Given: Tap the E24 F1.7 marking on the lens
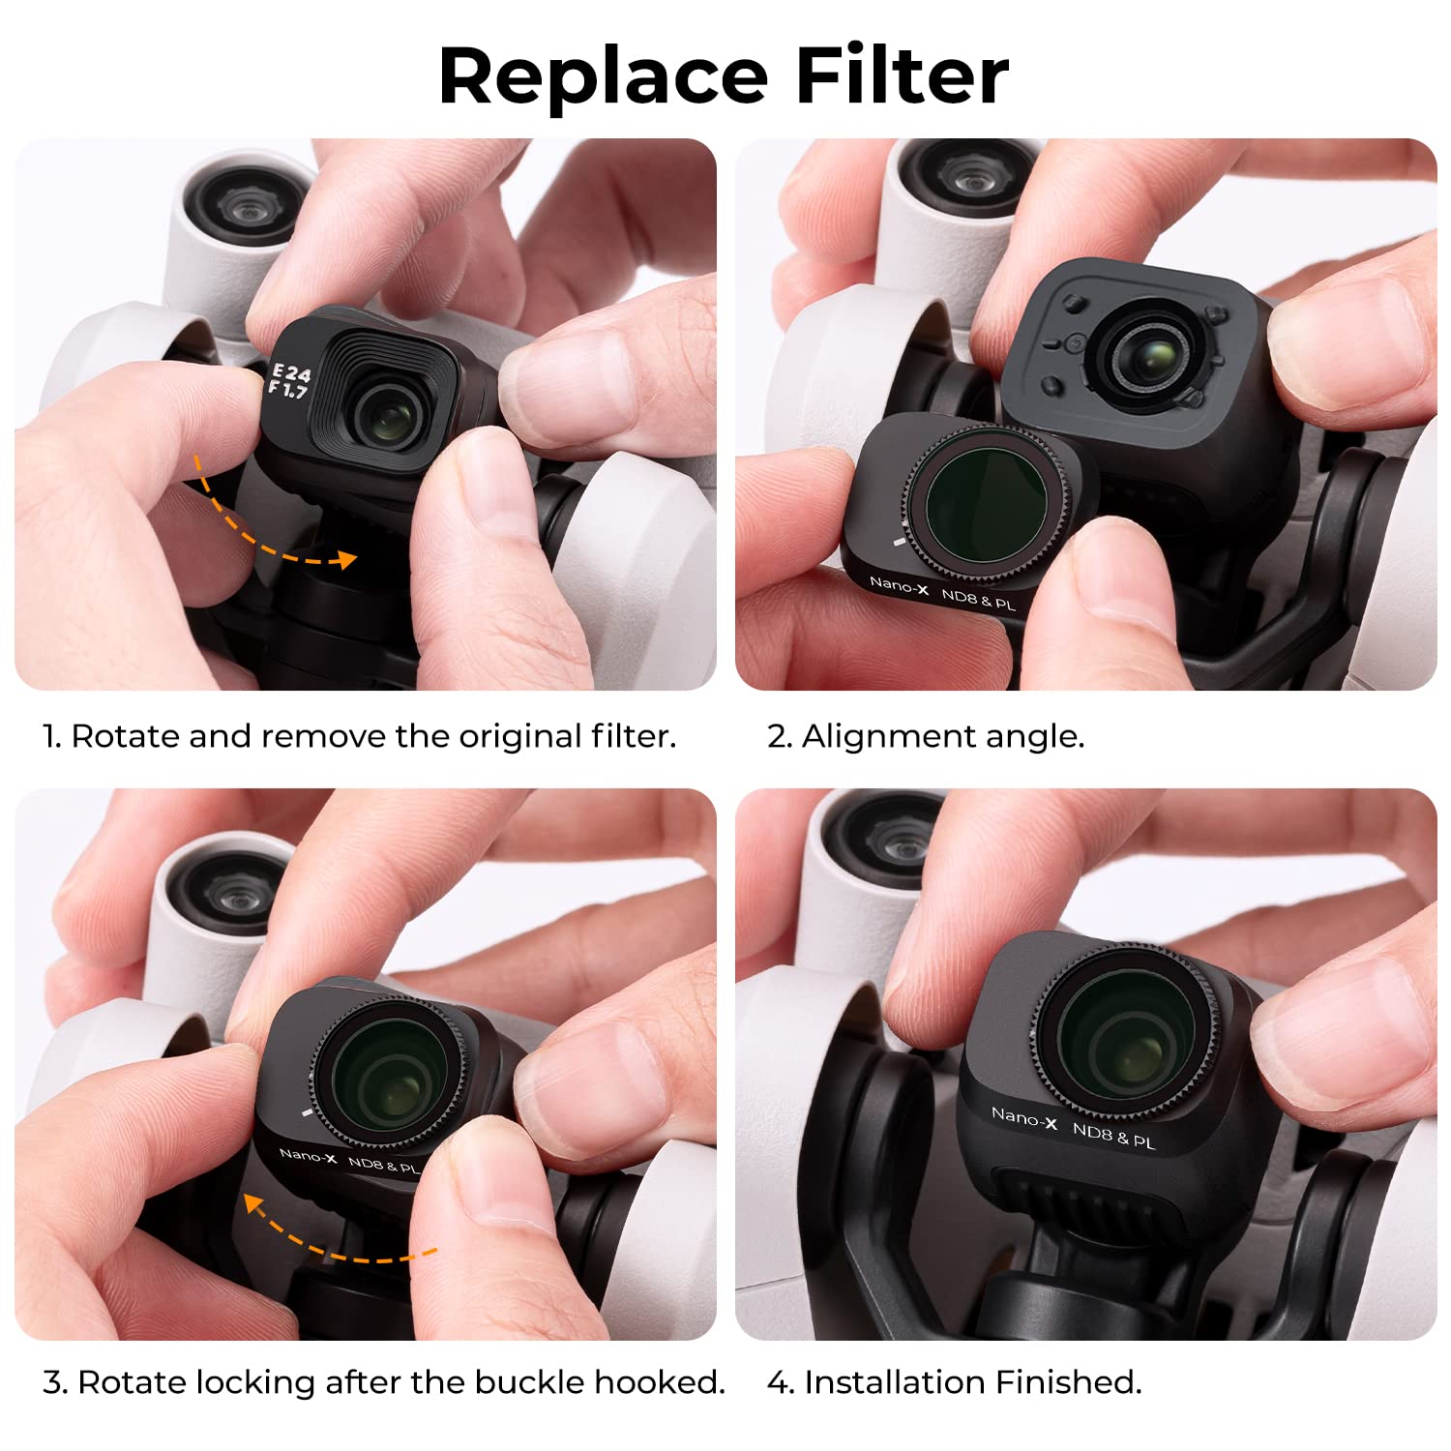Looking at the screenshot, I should click(x=289, y=381).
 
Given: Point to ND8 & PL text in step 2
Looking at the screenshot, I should click(x=978, y=600).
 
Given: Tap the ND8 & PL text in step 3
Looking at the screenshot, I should click(x=383, y=1166).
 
